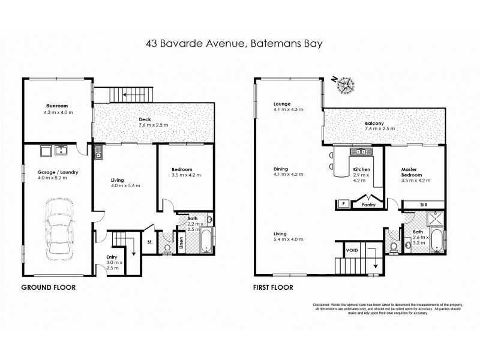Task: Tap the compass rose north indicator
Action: pos(346,85)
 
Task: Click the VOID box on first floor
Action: pos(353,251)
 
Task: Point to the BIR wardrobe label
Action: pos(424,205)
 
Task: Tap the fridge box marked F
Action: pos(343,204)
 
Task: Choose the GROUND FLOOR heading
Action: pos(49,287)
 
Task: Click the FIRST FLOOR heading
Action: pos(274,287)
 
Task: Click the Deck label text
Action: pos(145,119)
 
